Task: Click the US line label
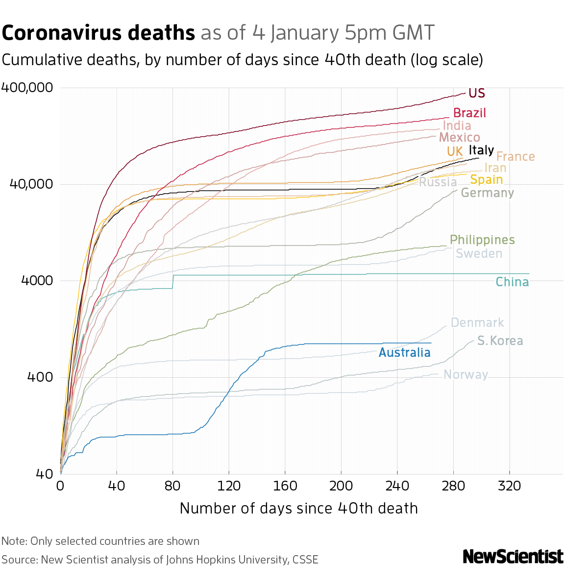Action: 476,93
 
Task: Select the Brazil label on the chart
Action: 469,113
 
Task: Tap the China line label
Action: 512,282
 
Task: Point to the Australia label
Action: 404,353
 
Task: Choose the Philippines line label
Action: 482,240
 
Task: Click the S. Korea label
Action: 500,341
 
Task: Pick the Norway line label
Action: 465,375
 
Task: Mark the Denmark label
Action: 477,323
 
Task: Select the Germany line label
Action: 487,193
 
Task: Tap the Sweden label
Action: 479,254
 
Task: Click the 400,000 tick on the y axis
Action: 27,88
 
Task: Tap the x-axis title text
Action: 298,509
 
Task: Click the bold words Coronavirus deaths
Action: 98,33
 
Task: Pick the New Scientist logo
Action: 513,557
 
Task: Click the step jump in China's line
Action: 173,282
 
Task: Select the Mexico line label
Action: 459,138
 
